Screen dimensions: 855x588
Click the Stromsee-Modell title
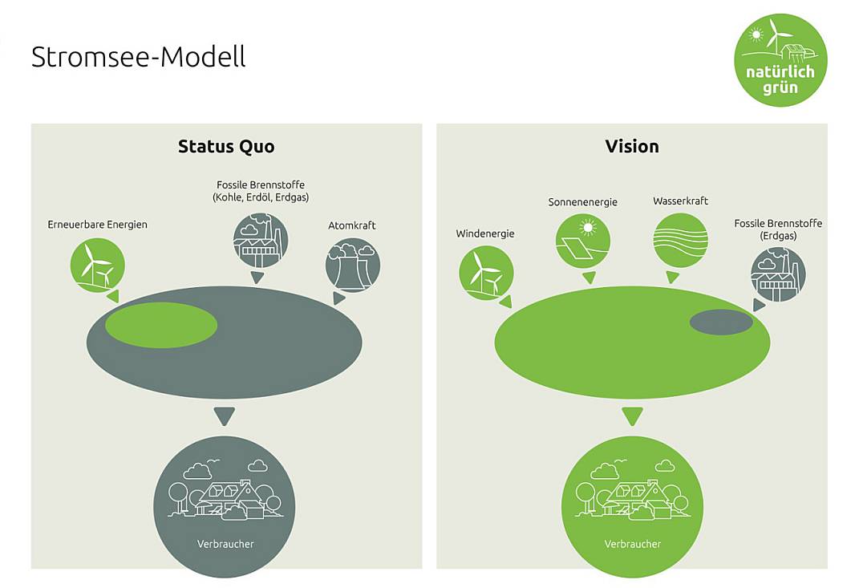139,57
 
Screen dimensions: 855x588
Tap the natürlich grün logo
780,60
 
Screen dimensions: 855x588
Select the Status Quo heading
226,146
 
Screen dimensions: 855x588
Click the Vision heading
632,146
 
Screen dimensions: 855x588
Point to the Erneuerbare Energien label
98,225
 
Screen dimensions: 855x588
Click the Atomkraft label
352,225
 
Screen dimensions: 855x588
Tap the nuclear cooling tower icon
353,265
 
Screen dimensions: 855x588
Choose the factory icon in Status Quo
261,240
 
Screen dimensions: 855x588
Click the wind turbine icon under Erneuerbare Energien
98,266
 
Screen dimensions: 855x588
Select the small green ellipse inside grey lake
161,325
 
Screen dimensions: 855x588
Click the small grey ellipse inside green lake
721,322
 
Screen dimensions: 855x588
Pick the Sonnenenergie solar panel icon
583,241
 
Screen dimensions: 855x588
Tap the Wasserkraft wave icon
680,240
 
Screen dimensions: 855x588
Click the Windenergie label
485,233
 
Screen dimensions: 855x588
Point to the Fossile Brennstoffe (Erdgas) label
778,229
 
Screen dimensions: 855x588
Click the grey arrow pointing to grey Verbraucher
224,416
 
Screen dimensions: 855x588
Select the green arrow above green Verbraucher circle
633,416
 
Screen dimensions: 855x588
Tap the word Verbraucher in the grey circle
225,544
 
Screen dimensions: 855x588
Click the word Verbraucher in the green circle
633,544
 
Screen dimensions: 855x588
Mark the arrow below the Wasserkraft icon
673,277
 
